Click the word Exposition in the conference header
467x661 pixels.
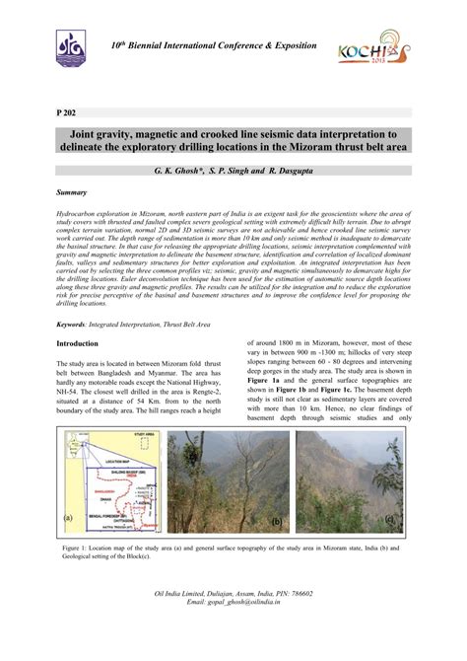[287, 46]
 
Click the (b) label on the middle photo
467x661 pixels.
[277, 519]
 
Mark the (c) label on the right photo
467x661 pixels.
[391, 519]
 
